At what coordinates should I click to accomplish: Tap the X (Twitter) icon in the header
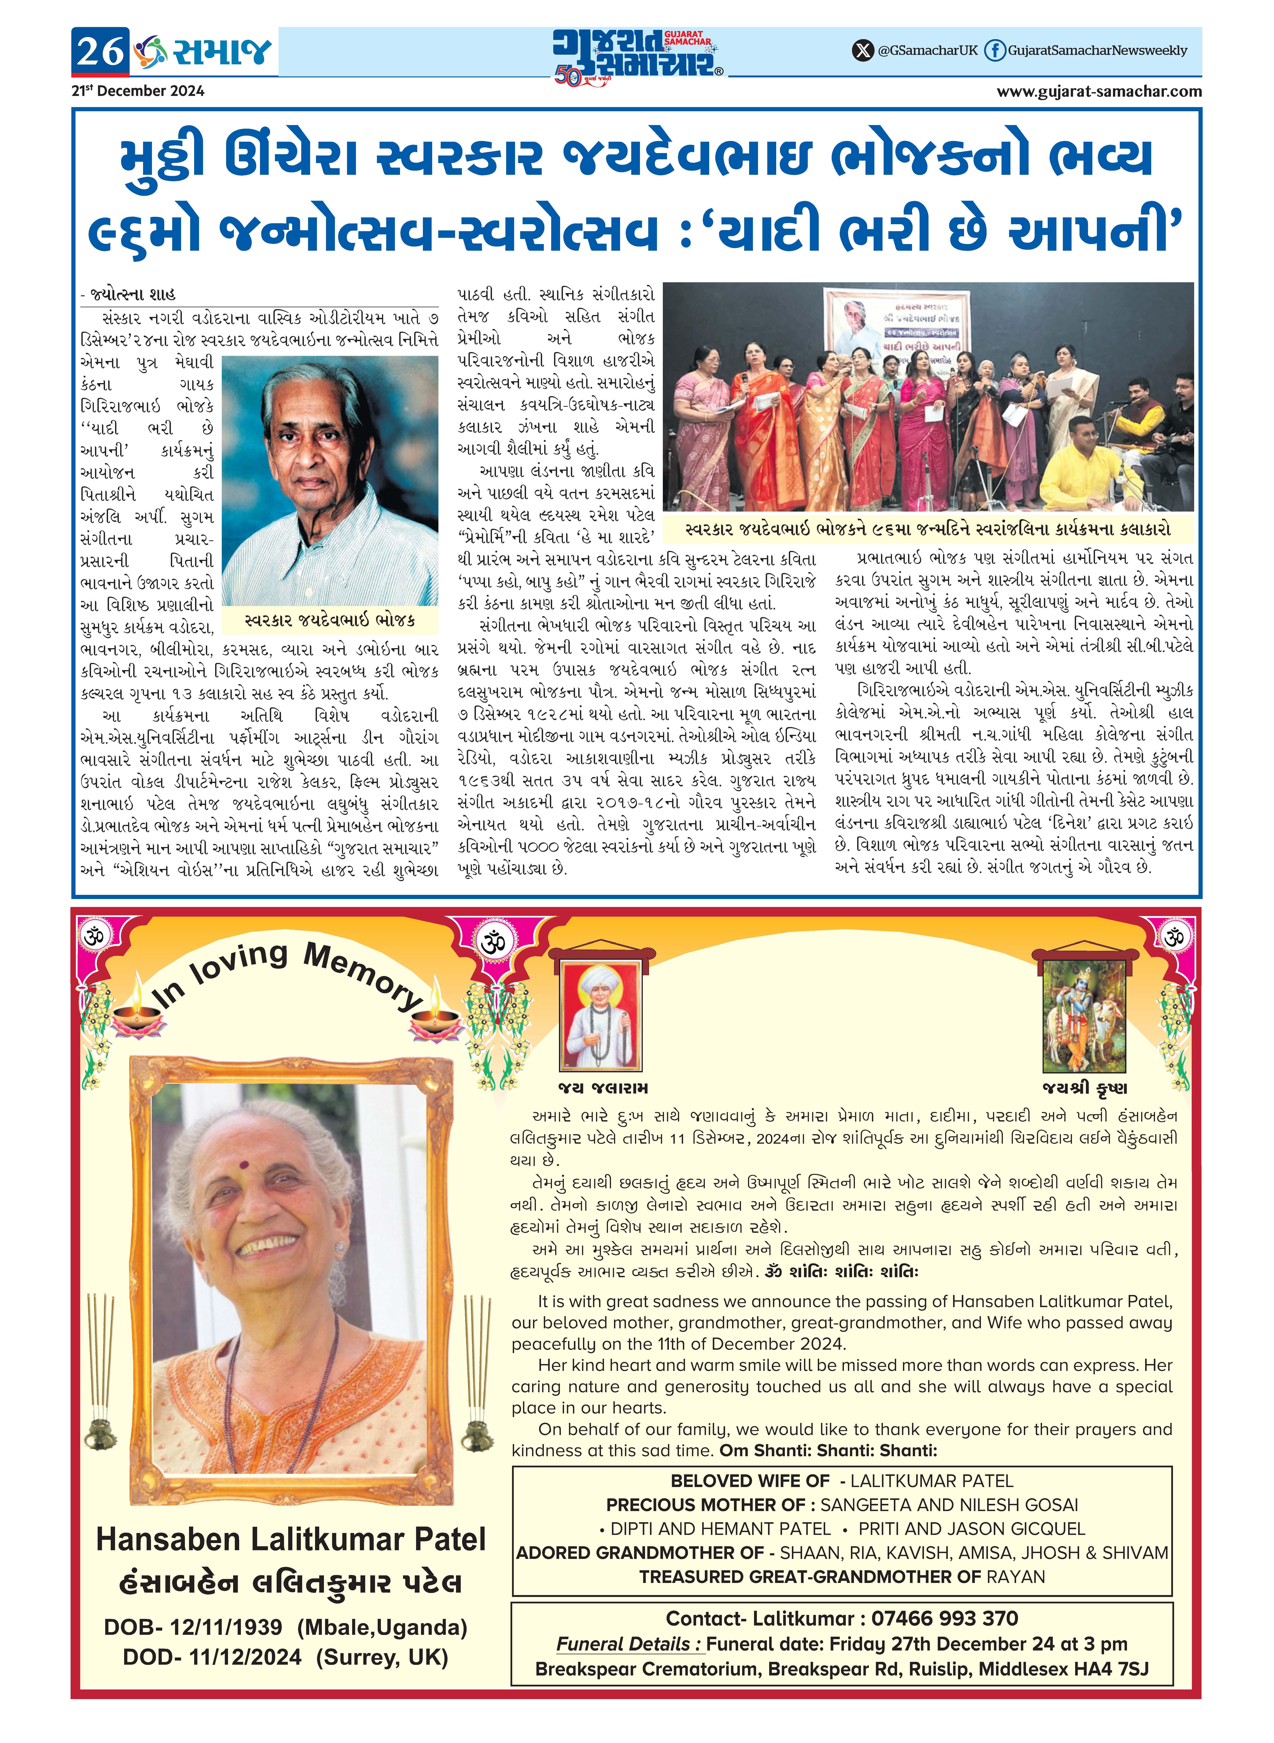pos(862,51)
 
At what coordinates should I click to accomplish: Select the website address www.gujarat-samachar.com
pos(1099,91)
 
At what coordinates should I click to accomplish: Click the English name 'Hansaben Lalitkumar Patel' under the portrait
pos(291,1539)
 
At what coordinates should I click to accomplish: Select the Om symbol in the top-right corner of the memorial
pos(1174,936)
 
